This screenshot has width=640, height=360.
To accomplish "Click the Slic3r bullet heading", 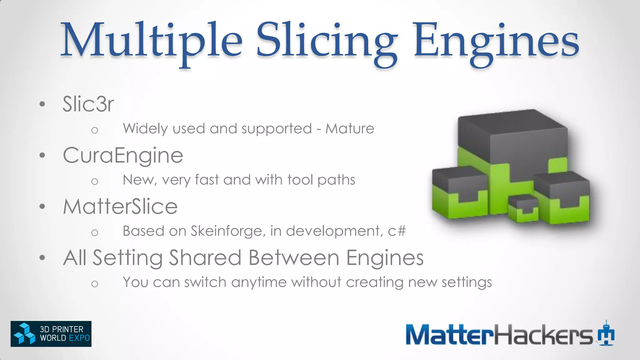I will coord(88,104).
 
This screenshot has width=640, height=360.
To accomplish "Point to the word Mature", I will coord(350,129).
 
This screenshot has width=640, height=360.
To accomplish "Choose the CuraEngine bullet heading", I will coord(123,155).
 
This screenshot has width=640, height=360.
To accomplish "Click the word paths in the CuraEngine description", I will coord(336,180).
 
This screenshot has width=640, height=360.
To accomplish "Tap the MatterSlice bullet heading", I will coord(120,207).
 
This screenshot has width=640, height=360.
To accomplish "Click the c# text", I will coord(397,231).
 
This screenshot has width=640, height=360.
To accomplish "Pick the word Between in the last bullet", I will coord(294,258).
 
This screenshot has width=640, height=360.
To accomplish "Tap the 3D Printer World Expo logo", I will coord(51,334).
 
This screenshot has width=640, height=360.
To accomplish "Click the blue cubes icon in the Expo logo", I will coord(24,334).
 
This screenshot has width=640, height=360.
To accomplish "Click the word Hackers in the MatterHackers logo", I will coord(543,334).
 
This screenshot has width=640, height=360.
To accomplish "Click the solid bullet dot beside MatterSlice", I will coord(42,206).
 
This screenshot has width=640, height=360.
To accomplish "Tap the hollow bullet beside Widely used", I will coord(95,130).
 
